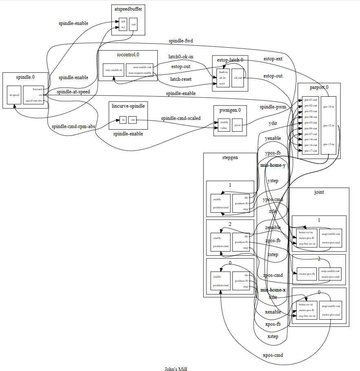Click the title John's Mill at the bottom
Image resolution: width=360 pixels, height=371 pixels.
click(x=175, y=369)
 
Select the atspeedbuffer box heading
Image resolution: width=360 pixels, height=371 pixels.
click(x=128, y=8)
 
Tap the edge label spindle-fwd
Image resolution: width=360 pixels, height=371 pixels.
click(x=181, y=41)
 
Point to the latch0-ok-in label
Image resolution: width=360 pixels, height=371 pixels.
click(x=181, y=57)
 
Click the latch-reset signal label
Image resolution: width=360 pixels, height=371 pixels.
click(x=181, y=79)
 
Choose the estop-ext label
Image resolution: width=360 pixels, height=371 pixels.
click(x=273, y=59)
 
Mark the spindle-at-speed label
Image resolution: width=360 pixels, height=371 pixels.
click(x=73, y=92)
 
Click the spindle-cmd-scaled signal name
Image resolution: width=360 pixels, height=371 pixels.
click(x=181, y=118)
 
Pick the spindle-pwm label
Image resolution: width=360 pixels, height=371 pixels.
click(x=273, y=107)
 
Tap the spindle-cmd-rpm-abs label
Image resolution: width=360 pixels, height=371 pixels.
click(x=73, y=126)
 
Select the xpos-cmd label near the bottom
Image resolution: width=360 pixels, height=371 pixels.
click(x=273, y=355)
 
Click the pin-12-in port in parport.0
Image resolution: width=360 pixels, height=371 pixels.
click(x=329, y=125)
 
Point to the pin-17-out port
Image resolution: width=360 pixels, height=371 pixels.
click(x=311, y=151)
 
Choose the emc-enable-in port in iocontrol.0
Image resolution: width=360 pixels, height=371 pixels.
click(x=114, y=70)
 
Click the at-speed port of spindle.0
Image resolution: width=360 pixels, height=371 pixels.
click(x=14, y=95)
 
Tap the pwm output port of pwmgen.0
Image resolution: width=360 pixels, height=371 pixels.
click(x=238, y=125)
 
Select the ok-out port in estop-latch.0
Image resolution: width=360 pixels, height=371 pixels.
click(x=238, y=77)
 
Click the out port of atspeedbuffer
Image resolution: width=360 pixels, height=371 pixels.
click(x=133, y=24)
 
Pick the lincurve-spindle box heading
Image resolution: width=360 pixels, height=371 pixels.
click(x=128, y=106)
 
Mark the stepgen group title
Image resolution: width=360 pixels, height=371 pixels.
click(x=230, y=157)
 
